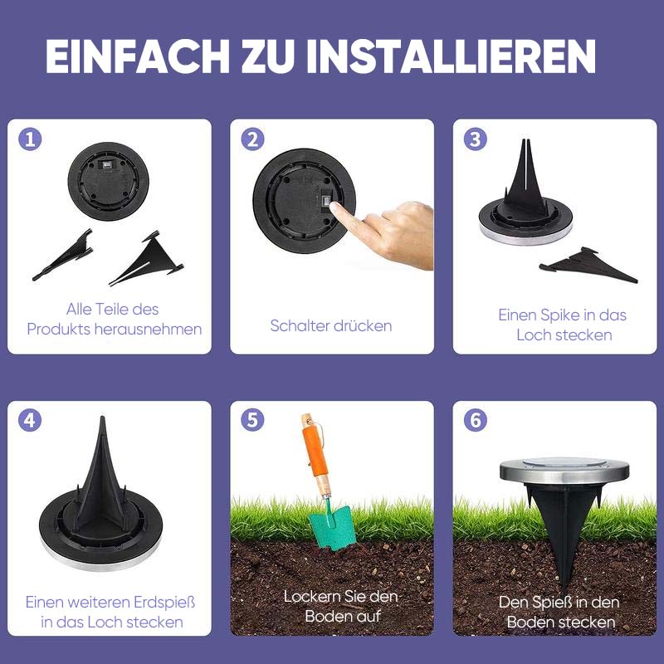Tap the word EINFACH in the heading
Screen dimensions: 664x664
click(138, 56)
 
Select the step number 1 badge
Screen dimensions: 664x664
click(30, 139)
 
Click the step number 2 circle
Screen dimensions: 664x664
click(253, 139)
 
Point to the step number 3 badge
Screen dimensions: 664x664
click(476, 139)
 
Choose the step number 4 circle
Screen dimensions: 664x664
click(30, 420)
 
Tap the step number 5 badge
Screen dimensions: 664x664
click(253, 420)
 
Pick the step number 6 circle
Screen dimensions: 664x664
click(476, 420)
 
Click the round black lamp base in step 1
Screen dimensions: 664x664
click(109, 181)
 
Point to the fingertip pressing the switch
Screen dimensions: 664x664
click(334, 207)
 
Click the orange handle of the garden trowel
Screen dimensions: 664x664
click(315, 450)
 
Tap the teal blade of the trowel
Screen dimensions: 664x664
click(333, 527)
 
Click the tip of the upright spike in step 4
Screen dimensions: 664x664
click(102, 417)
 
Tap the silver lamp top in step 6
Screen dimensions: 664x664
click(564, 470)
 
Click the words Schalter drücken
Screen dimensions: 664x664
click(331, 325)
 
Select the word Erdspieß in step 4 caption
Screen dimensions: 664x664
click(164, 603)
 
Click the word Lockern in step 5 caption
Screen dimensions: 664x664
click(309, 597)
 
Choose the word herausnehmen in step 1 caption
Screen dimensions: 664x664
click(148, 329)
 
